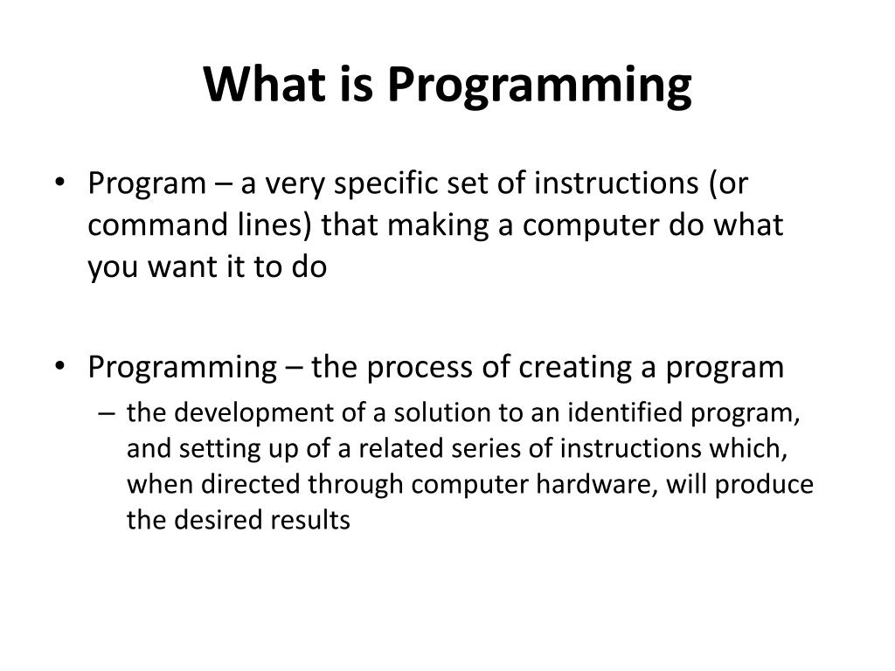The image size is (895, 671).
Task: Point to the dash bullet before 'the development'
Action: [108, 413]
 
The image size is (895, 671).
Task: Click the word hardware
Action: [604, 485]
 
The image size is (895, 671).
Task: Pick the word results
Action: [316, 521]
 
